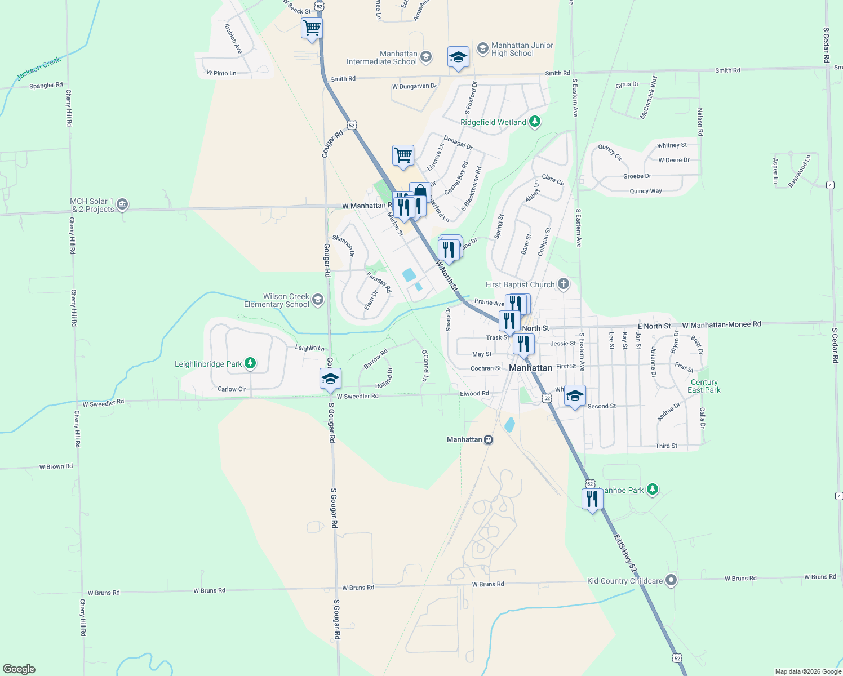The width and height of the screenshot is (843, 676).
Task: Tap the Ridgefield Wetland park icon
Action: tap(535, 122)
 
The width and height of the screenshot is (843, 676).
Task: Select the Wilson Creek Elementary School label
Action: tap(277, 300)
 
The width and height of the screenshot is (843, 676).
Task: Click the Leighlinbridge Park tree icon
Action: tap(250, 363)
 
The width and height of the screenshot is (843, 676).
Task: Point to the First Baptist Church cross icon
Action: tap(563, 284)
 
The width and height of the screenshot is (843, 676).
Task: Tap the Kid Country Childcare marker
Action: tap(671, 580)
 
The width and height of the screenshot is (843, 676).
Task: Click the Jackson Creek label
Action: tap(38, 68)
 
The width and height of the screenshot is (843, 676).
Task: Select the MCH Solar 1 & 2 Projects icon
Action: tap(122, 204)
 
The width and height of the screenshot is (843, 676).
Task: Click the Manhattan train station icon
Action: tap(489, 439)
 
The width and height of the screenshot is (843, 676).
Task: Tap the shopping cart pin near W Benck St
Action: tap(312, 28)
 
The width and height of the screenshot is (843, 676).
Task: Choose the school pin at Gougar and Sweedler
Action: tap(330, 379)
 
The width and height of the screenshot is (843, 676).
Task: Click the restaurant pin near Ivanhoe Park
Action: tap(592, 499)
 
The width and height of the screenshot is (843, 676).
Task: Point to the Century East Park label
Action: tap(704, 386)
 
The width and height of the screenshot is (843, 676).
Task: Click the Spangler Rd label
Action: tap(46, 86)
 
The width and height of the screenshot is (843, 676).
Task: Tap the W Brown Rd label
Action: tap(56, 466)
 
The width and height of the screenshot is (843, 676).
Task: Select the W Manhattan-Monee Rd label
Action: tap(721, 324)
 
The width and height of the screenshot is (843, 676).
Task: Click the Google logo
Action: tap(19, 669)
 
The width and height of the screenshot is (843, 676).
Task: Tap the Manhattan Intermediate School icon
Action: tap(426, 56)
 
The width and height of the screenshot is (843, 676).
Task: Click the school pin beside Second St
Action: tap(575, 397)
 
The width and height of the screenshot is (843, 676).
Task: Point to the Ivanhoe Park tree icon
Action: tap(653, 489)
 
